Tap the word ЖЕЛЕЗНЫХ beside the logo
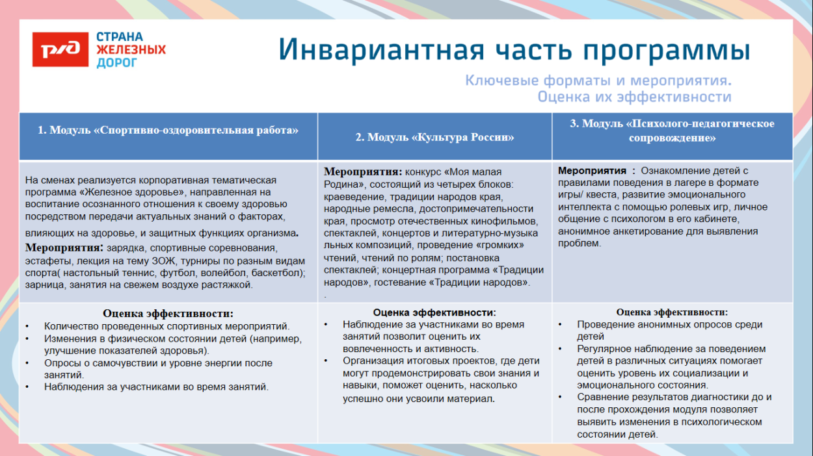[131, 49]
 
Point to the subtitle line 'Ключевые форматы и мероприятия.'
[598, 81]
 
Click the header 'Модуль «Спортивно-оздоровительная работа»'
[168, 130]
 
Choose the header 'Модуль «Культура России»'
[434, 137]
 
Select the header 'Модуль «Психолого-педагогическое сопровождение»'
[672, 131]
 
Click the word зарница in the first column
[44, 285]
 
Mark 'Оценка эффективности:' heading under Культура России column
[434, 312]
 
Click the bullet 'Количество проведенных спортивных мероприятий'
[167, 326]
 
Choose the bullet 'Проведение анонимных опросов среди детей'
[669, 324]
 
